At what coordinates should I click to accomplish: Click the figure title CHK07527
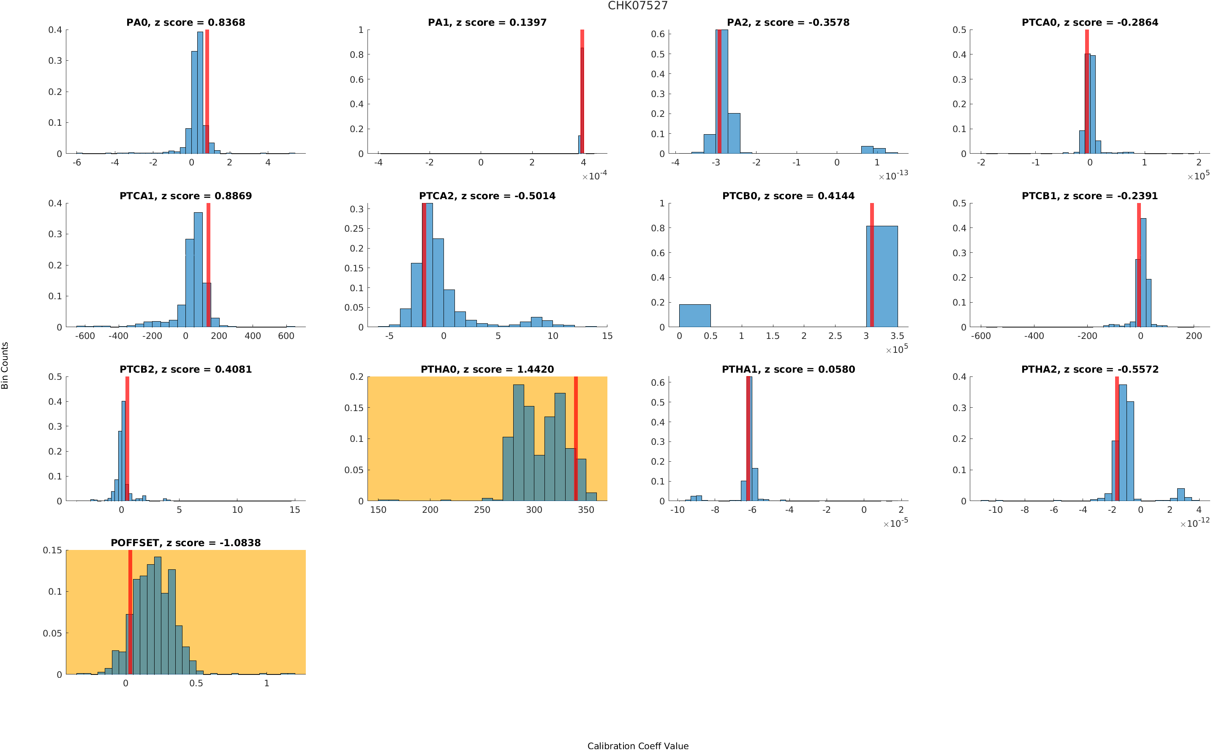[x=638, y=5]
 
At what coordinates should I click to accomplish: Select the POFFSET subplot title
[x=185, y=543]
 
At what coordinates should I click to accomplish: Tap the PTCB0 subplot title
[x=788, y=196]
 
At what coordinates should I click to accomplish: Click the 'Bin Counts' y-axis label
[x=5, y=366]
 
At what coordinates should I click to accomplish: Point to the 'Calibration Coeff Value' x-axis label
[x=638, y=745]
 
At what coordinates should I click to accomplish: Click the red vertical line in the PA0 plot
[x=207, y=92]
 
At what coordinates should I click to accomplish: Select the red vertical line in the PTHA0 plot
[x=576, y=439]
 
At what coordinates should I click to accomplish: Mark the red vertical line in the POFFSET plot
[x=130, y=612]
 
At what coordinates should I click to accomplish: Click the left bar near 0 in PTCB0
[x=695, y=315]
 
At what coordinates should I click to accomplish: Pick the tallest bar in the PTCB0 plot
[x=882, y=276]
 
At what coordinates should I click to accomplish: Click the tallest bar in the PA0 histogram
[x=200, y=93]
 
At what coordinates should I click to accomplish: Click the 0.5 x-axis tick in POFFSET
[x=196, y=683]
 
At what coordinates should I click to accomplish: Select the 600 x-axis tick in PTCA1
[x=286, y=336]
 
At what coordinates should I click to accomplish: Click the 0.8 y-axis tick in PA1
[x=357, y=54]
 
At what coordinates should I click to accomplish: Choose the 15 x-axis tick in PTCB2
[x=295, y=509]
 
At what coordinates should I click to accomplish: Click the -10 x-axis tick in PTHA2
[x=995, y=509]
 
